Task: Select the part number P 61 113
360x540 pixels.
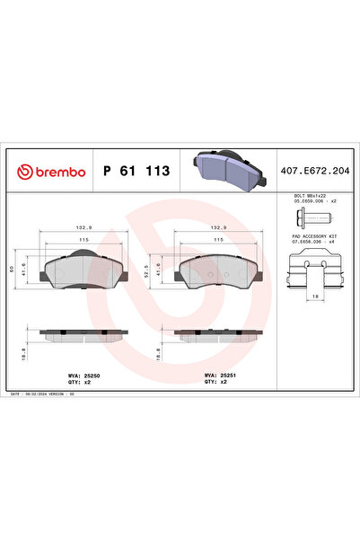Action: (x=137, y=171)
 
